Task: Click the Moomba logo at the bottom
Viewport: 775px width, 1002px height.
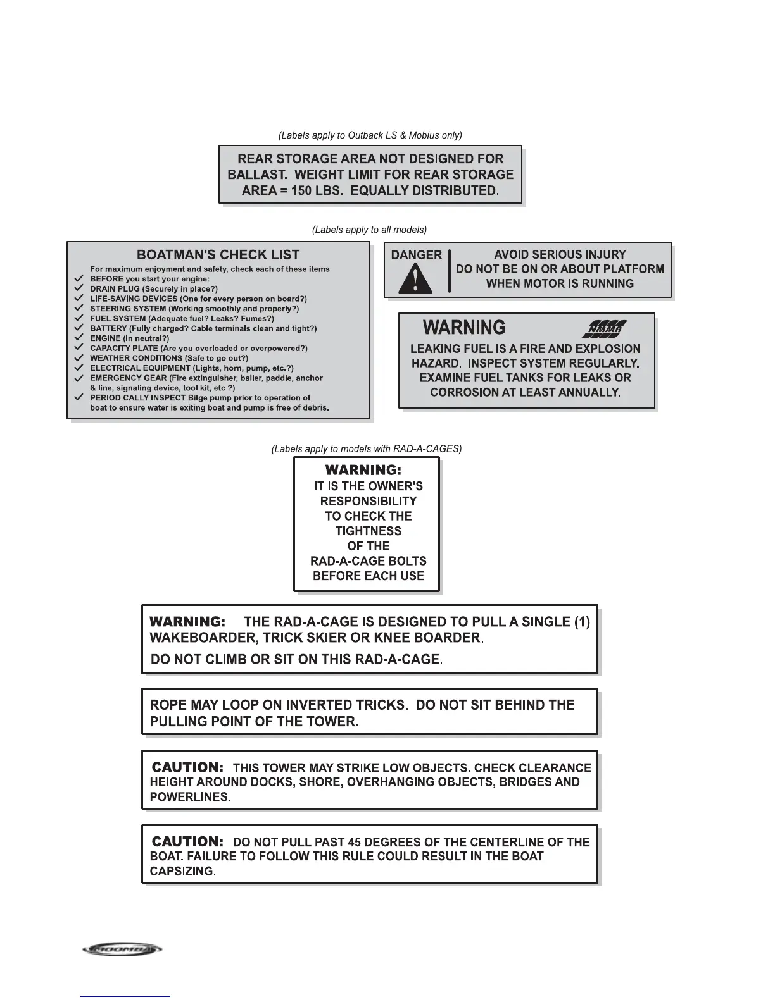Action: click(x=122, y=949)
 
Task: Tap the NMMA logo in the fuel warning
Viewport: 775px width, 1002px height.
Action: click(x=605, y=328)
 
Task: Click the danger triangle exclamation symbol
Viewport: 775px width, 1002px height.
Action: click(x=415, y=278)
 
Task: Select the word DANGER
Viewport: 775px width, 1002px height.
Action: click(x=417, y=255)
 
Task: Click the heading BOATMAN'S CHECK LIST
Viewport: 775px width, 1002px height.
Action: click(x=218, y=255)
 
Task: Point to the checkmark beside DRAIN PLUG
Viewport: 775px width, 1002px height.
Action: click(x=79, y=288)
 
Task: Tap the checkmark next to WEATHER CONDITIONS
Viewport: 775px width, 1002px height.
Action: click(x=79, y=358)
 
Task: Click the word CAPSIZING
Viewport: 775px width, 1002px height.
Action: click(x=183, y=871)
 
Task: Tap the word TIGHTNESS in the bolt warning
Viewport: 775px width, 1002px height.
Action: click(x=369, y=531)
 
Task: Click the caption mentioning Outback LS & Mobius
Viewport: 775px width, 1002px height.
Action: click(x=370, y=135)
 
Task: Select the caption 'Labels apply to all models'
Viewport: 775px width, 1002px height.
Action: click(x=369, y=230)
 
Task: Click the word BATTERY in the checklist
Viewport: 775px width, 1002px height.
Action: click(x=109, y=328)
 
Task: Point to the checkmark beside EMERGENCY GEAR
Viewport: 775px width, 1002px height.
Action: click(x=79, y=378)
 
